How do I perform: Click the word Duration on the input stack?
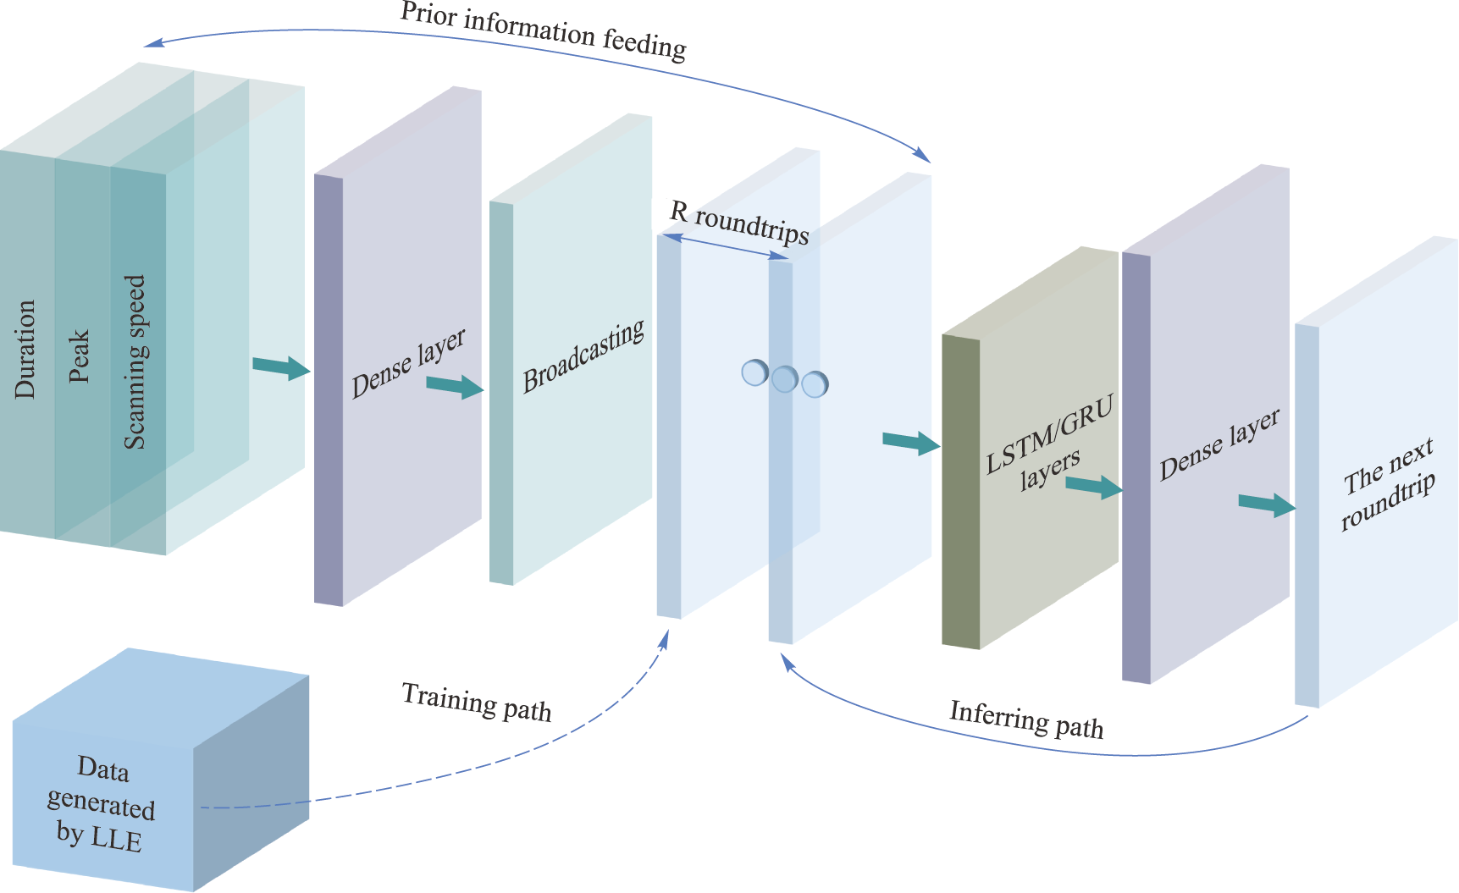click(x=25, y=349)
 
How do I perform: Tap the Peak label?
click(x=80, y=356)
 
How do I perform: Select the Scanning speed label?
click(x=135, y=361)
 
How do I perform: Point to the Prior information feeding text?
click(x=543, y=30)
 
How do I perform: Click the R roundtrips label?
click(x=739, y=223)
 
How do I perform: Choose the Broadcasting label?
click(x=583, y=356)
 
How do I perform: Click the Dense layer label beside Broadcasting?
click(x=408, y=363)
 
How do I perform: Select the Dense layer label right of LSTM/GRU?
click(x=1219, y=445)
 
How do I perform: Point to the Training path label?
click(x=477, y=702)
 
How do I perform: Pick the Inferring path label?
click(x=1026, y=719)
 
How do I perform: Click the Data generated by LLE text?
click(x=102, y=803)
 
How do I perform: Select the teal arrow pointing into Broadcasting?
click(x=456, y=387)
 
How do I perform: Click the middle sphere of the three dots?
click(x=785, y=378)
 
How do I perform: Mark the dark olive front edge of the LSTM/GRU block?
click(x=960, y=492)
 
